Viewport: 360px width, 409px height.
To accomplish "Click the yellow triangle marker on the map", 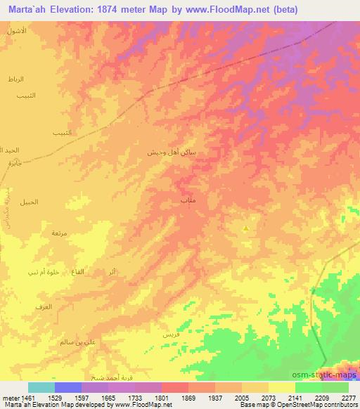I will tap(245, 228).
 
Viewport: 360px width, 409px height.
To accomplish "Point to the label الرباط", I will tap(15, 79).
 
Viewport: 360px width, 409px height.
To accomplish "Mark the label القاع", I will tap(79, 271).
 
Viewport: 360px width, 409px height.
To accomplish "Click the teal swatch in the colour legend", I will tap(41, 387).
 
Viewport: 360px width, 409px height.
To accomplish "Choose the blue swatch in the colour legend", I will tap(67, 387).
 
